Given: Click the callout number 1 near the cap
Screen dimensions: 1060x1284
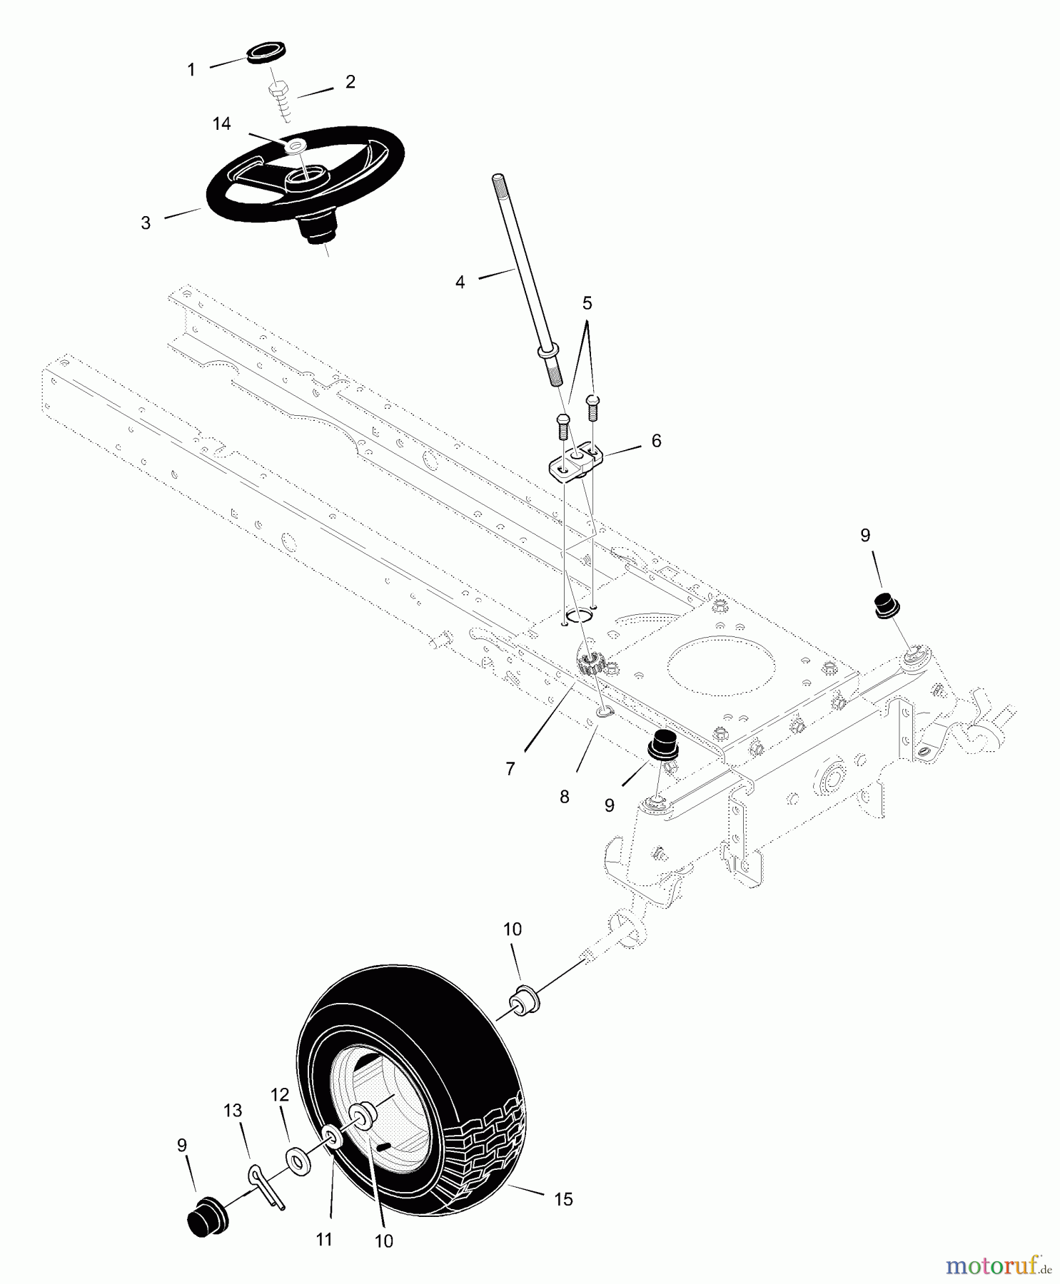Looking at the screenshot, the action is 191,70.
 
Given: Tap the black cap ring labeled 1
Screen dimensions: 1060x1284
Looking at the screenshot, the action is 261,53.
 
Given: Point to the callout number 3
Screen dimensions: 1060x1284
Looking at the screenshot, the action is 146,223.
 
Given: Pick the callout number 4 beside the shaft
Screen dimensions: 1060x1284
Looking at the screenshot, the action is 460,282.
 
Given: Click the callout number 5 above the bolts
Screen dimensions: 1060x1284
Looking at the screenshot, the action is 587,303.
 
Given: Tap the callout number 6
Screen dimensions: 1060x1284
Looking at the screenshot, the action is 656,441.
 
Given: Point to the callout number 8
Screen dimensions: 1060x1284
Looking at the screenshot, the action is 564,798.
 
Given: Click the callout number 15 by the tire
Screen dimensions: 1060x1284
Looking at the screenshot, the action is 563,1199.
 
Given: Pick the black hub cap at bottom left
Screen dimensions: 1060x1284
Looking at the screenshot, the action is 206,1214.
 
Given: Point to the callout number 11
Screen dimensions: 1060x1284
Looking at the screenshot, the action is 324,1240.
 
